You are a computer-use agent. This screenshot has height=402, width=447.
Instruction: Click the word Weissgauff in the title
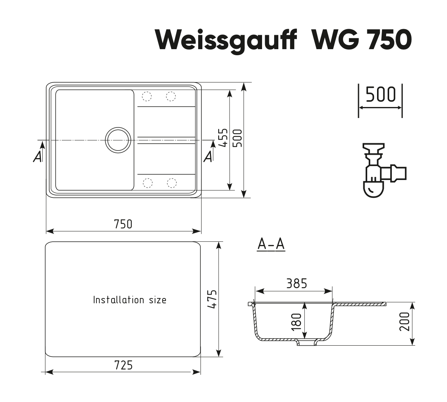click(226, 41)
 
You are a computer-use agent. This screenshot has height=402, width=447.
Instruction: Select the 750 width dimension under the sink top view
click(123, 224)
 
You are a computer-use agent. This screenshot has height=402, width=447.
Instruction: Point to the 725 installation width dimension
click(123, 365)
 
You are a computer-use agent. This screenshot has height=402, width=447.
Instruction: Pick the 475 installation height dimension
click(213, 299)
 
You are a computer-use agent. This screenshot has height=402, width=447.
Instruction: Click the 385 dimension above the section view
click(297, 284)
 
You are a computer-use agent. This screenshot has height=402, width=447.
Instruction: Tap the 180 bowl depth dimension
click(297, 321)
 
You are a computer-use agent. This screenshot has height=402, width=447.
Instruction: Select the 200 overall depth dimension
click(404, 321)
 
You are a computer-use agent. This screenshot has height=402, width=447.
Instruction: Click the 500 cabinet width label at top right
click(380, 95)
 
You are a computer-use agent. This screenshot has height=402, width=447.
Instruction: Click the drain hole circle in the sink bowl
click(118, 140)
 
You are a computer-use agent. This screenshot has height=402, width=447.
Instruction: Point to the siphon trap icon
click(384, 170)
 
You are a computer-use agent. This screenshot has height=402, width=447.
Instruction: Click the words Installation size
click(130, 300)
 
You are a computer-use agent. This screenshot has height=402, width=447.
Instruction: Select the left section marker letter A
click(37, 157)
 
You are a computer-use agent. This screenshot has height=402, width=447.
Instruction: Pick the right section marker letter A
click(208, 157)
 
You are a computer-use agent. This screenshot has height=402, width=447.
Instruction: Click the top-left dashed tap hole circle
click(146, 96)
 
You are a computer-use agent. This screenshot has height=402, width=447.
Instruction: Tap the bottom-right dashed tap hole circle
click(172, 183)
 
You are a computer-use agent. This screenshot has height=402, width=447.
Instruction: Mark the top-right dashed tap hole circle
click(171, 96)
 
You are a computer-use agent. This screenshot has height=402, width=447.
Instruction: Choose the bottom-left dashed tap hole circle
click(147, 183)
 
